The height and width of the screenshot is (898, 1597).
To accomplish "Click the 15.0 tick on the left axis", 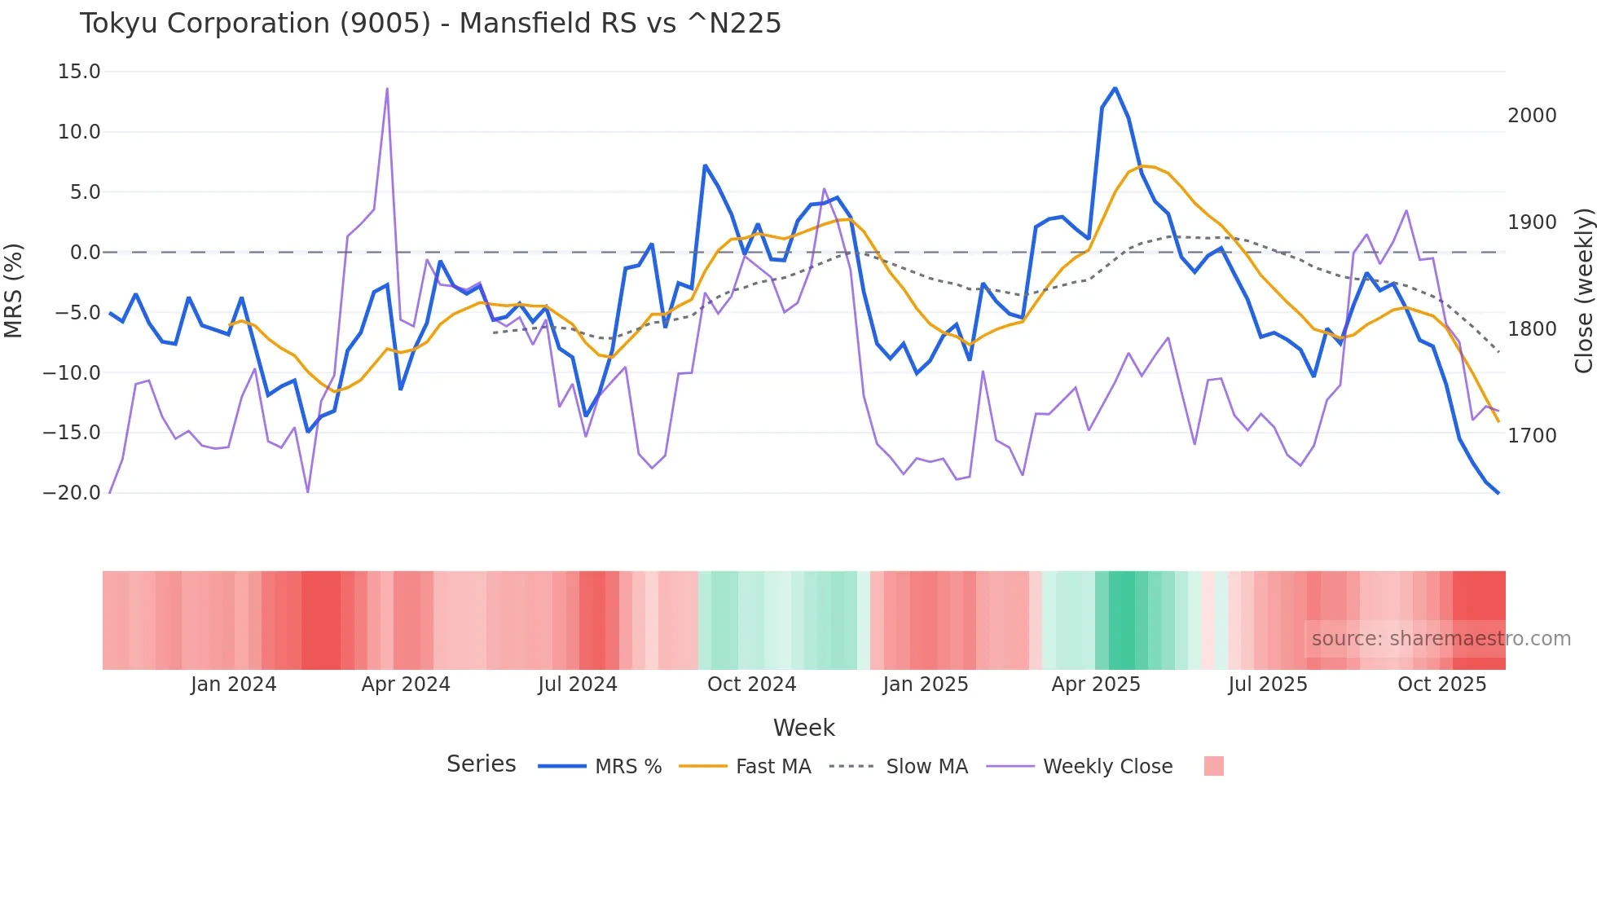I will click(x=79, y=72).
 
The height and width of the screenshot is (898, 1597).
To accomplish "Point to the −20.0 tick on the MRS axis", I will click(x=72, y=493).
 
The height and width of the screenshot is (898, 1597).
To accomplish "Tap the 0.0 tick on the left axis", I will click(x=85, y=253).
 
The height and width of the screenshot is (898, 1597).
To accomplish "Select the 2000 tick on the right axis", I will click(x=1532, y=116).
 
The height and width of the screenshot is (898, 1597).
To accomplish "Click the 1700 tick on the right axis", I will click(x=1532, y=436).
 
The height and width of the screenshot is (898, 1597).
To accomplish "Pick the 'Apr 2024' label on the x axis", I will click(x=406, y=685).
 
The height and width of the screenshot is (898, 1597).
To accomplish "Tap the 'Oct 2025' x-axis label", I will click(x=1441, y=685).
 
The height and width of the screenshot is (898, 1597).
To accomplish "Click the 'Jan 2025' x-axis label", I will click(x=925, y=685).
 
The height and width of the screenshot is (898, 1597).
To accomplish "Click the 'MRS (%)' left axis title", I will click(x=14, y=290).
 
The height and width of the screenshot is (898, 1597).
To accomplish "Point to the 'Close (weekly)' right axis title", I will click(x=1583, y=290).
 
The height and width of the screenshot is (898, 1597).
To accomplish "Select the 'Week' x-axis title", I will click(x=803, y=728).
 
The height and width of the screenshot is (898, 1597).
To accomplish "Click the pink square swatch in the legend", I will click(x=1213, y=766).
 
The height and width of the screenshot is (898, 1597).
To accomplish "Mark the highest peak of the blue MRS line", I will click(x=1115, y=88).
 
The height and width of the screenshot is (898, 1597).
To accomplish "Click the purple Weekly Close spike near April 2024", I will click(x=387, y=88).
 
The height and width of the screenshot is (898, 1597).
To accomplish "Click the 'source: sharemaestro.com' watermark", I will click(x=1441, y=639).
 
